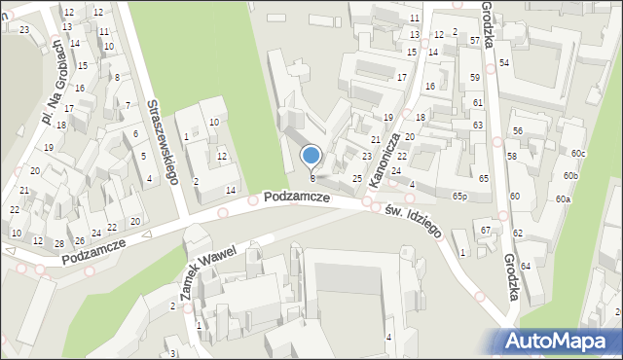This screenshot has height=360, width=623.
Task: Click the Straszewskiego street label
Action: point(161,140)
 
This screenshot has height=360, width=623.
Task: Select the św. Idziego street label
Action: point(414,222)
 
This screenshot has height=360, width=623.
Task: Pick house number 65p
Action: point(459,196)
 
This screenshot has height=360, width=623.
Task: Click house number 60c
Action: point(578,154)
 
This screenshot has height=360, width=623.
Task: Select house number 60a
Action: point(563,199)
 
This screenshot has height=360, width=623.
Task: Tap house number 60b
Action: point(570,176)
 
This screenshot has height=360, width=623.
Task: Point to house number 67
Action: point(485,230)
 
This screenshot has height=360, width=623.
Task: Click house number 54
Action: point(504,63)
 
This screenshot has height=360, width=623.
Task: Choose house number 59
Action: point(475,77)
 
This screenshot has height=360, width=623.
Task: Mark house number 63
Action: point(478,126)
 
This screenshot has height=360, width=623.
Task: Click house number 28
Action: point(59,243)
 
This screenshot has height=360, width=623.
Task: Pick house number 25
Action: point(357,179)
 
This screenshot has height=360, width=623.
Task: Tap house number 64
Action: point(526,266)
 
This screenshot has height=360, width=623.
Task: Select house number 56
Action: point(518,131)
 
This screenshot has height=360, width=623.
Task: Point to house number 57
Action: point(474,41)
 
